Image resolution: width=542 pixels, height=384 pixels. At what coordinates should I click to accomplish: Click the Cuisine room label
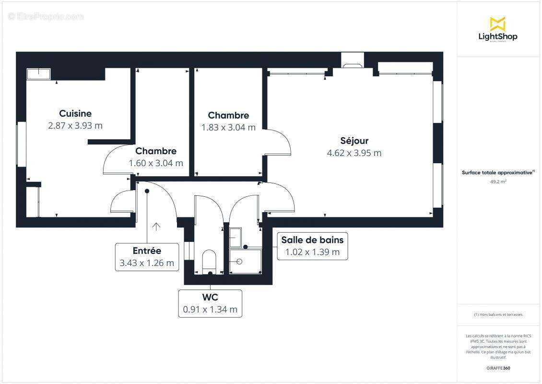coord(75,114)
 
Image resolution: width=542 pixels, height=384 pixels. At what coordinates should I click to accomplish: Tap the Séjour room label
coord(354,141)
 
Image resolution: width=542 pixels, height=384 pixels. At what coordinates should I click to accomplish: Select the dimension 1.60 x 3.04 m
coord(156,163)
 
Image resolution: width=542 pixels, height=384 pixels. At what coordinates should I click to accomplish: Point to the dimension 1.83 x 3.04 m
coord(228,128)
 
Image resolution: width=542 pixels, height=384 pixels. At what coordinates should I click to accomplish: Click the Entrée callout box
coord(147,257)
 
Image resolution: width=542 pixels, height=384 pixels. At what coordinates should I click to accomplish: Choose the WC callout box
coord(210,303)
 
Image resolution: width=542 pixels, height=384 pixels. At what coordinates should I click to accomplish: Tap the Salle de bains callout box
coord(312,246)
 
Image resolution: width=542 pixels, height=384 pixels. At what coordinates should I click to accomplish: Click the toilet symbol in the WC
coord(210,261)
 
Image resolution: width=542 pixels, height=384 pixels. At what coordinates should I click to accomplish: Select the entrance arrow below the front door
coord(156,227)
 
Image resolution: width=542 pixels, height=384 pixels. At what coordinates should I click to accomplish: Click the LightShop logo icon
coord(497,24)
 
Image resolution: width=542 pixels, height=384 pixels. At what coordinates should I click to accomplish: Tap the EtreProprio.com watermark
coord(46,17)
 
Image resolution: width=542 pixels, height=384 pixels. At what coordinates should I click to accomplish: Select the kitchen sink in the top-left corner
coord(38,74)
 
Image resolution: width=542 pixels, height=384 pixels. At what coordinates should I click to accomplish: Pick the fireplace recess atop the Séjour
coord(353,60)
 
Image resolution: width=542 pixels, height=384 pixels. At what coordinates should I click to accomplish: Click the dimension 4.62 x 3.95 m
coord(354,154)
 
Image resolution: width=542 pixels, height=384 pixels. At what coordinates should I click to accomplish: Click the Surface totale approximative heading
coord(498,173)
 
